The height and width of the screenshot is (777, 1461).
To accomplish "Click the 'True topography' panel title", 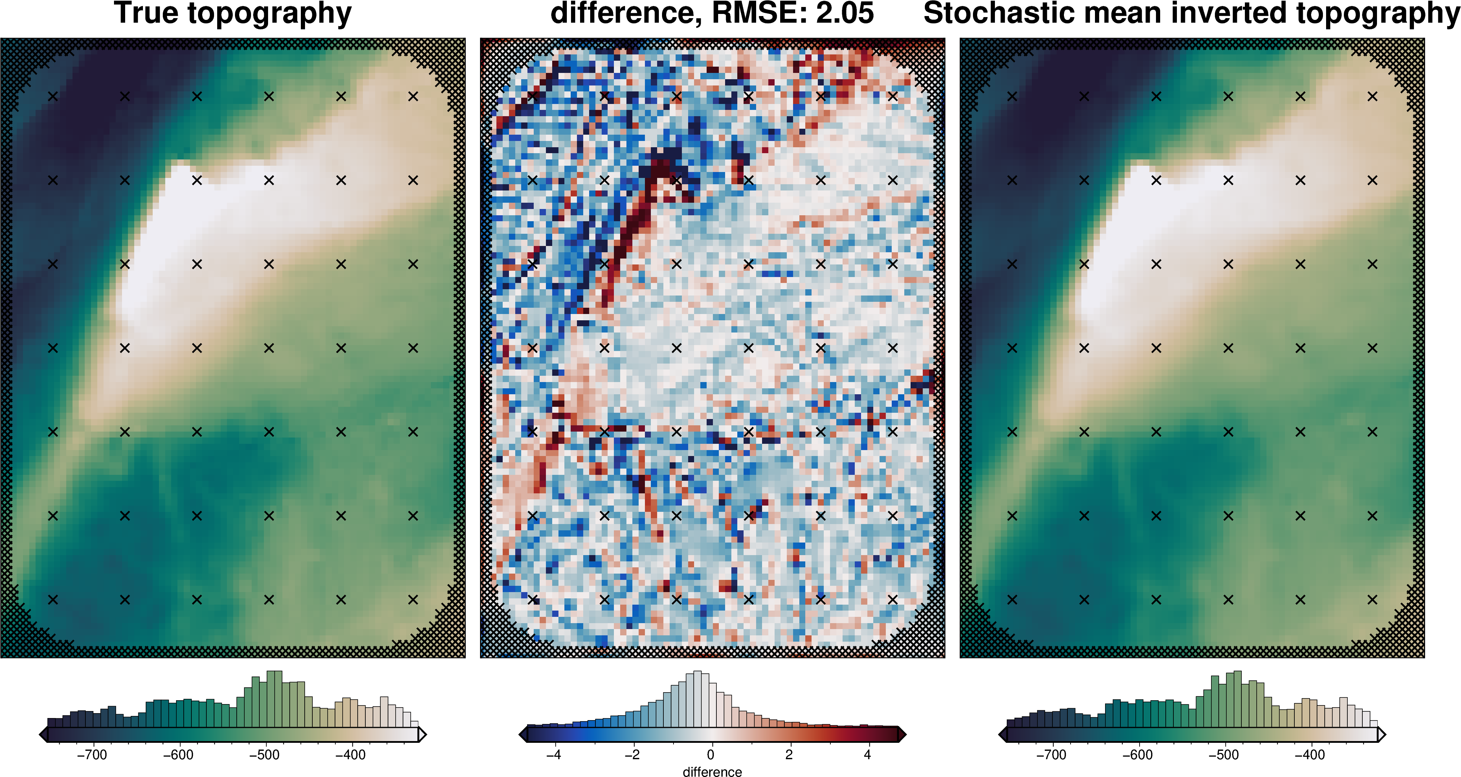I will [233, 14].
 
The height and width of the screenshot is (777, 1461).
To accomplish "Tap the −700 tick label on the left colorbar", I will [92, 755].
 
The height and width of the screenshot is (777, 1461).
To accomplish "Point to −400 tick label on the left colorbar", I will [350, 755].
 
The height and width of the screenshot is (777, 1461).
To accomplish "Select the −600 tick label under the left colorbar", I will [178, 755].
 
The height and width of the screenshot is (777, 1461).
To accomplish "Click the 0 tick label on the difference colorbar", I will [711, 755].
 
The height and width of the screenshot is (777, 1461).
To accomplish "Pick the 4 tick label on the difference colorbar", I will [867, 755].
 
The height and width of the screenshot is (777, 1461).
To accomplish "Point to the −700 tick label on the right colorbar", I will [1051, 755].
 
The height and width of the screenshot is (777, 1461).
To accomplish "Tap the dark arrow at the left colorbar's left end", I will [44, 734].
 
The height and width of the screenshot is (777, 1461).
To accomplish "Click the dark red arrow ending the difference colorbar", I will [902, 734].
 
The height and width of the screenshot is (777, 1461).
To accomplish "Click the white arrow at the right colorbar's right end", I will [1382, 734].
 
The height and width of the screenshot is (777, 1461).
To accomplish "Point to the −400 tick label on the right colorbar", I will [1310, 755].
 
